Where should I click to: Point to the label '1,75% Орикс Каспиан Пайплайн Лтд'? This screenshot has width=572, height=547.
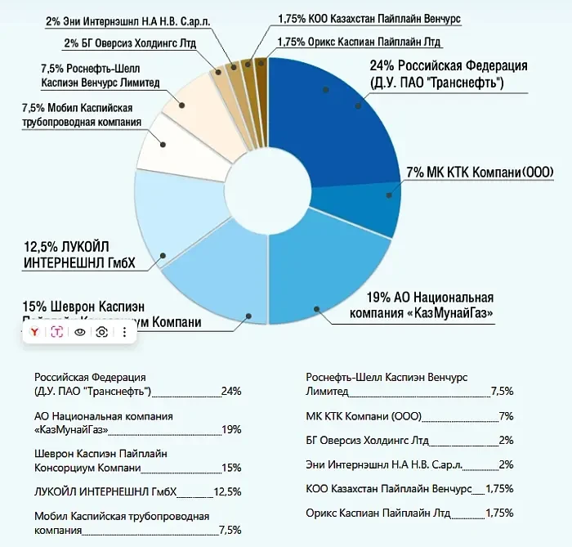pyautogui.click(x=360, y=42)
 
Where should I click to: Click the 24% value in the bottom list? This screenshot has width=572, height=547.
pyautogui.click(x=231, y=392)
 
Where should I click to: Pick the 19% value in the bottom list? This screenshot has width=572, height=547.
pyautogui.click(x=231, y=429)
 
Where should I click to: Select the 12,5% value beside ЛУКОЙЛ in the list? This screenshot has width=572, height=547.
pyautogui.click(x=227, y=491)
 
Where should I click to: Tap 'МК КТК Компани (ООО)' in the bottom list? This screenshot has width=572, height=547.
pyautogui.click(x=352, y=416)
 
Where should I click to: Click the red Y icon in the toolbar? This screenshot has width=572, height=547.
pyautogui.click(x=35, y=332)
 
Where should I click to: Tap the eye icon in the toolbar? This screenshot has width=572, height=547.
pyautogui.click(x=80, y=332)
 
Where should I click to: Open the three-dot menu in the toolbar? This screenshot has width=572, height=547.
pyautogui.click(x=124, y=332)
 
